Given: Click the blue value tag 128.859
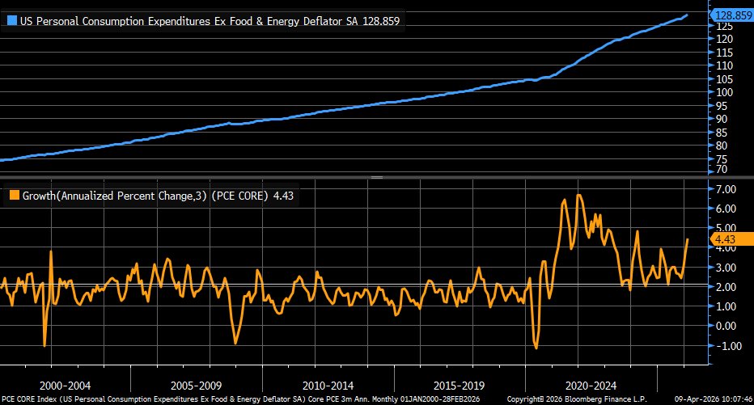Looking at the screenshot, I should [x=731, y=15].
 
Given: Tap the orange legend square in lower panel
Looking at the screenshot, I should [x=14, y=195].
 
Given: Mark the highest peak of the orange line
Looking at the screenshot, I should [x=578, y=195].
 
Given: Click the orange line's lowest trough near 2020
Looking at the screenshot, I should [x=536, y=348].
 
